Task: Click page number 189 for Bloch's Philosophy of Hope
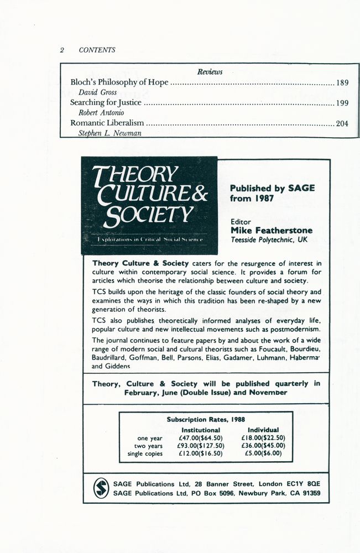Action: click(342, 83)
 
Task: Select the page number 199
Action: click(342, 103)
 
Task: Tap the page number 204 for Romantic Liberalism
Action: click(342, 123)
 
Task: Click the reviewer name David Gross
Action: click(97, 92)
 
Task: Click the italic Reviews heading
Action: click(210, 72)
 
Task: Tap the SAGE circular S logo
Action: click(101, 487)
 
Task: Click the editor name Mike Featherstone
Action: click(272, 230)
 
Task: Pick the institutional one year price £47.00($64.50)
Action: click(200, 438)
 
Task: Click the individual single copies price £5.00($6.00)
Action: click(263, 453)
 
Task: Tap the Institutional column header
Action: click(201, 430)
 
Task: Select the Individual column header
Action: click(263, 430)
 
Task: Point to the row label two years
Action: click(148, 446)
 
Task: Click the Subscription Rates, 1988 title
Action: click(205, 420)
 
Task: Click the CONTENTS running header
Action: click(97, 50)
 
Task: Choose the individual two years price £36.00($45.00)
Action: click(263, 446)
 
